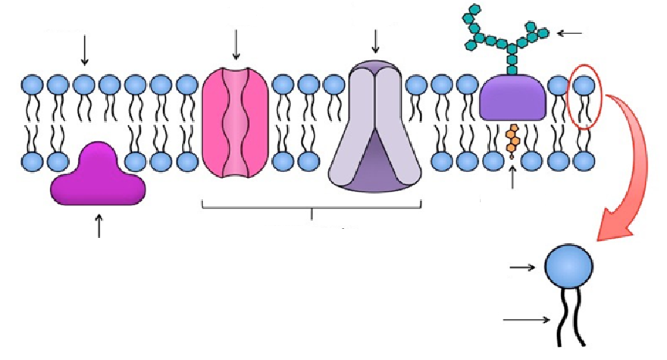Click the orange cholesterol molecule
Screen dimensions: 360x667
pos(513,139)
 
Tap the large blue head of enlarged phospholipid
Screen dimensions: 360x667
pos(569,268)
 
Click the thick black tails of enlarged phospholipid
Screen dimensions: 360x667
pos(570,318)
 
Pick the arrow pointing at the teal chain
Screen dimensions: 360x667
pos(570,33)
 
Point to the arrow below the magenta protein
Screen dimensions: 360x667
pos(99,225)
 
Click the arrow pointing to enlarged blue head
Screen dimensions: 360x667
pos(525,268)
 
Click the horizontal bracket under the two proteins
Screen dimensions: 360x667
pos(312,205)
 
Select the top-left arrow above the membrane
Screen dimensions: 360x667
pos(84,49)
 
